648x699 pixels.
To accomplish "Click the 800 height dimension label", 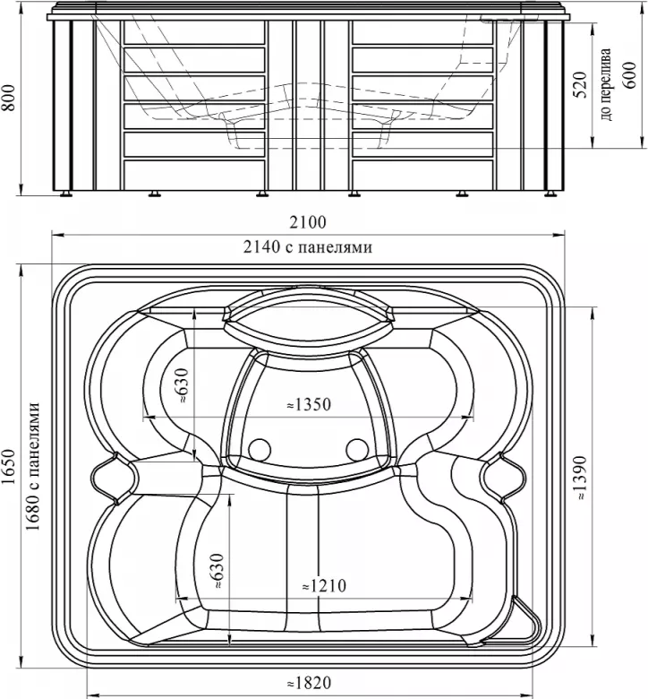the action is click(10, 98).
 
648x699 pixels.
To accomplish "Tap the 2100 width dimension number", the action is click(308, 222).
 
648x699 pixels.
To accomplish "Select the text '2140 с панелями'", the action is click(308, 246).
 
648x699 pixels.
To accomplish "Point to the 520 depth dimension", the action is click(579, 85).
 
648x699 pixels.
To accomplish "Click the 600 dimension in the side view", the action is click(628, 75).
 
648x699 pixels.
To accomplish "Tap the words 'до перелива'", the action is click(606, 84).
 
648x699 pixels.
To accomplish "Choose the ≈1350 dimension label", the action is click(309, 404).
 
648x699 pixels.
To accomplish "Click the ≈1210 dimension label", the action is click(324, 586).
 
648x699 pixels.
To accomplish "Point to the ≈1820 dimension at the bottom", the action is click(309, 683).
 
